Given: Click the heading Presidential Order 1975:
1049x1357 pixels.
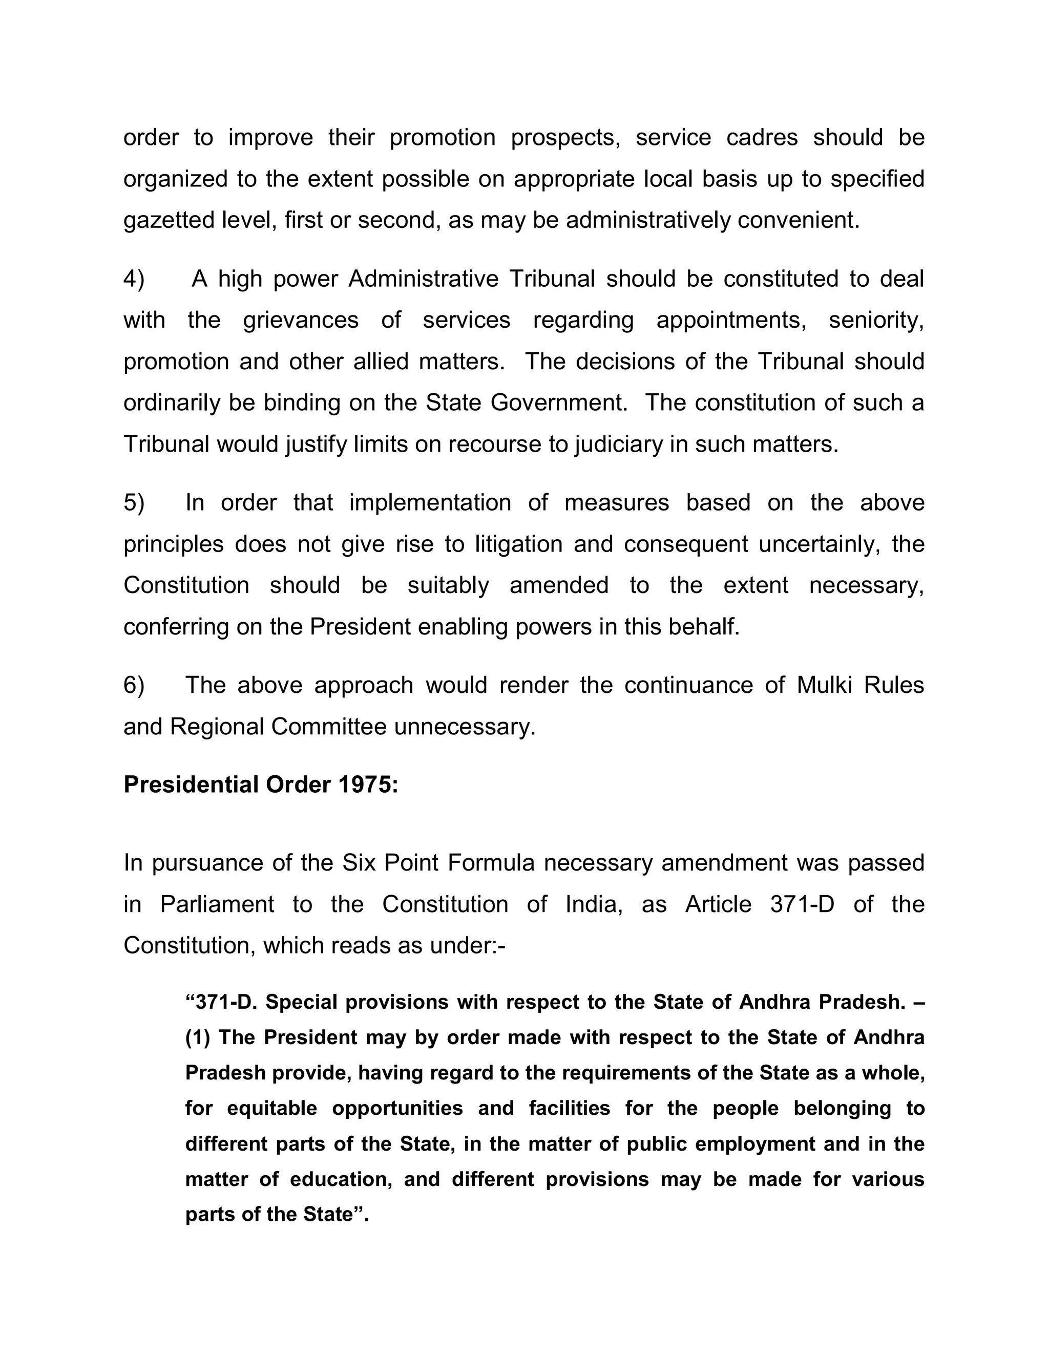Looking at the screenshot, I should pyautogui.click(x=260, y=784).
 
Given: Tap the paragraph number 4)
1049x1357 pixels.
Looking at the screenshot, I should pyautogui.click(x=134, y=279).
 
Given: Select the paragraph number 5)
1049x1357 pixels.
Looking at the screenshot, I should pyautogui.click(x=134, y=503).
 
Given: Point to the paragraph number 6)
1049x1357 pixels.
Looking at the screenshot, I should pyautogui.click(x=134, y=685).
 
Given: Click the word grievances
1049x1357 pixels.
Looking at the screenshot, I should pyautogui.click(x=301, y=321).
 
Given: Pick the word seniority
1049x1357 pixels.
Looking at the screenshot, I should pyautogui.click(x=876, y=321).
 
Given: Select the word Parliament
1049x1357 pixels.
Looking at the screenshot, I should pyautogui.click(x=217, y=905).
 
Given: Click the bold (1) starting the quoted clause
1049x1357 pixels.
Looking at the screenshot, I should pyautogui.click(x=198, y=1037).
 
